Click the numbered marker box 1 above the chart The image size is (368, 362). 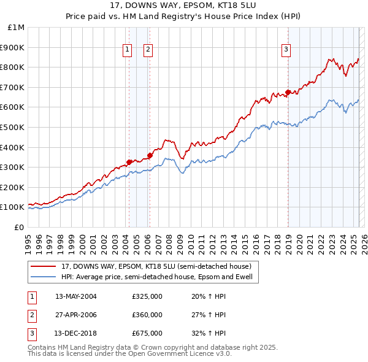pos(127,50)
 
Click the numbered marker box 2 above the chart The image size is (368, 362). pos(148,50)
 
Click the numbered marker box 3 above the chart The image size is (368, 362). pos(286,50)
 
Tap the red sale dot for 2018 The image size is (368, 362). pos(288,93)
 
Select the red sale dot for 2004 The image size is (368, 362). pos(129,162)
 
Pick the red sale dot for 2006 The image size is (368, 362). pos(150,155)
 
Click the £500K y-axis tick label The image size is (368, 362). pos(13,127)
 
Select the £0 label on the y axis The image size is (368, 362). pos(20,227)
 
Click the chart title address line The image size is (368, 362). pos(183,6)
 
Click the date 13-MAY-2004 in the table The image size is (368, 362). pos(75,296)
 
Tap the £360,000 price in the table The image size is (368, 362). pos(147,315)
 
